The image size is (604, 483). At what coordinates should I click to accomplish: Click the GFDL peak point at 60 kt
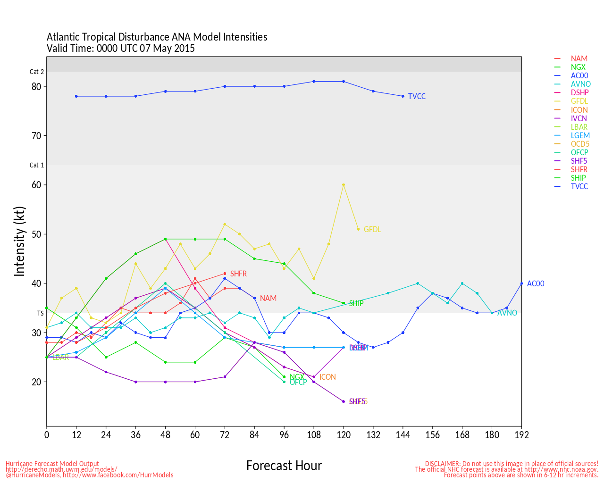pyautogui.click(x=344, y=185)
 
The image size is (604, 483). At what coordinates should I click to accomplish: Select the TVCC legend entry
pyautogui.click(x=579, y=186)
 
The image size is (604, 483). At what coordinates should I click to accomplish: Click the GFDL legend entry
pyautogui.click(x=579, y=101)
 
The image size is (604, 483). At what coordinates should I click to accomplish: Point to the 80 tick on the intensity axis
pyautogui.click(x=36, y=86)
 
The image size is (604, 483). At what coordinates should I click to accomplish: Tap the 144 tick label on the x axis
pyautogui.click(x=403, y=435)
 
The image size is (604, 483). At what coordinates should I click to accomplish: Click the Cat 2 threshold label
pyautogui.click(x=37, y=72)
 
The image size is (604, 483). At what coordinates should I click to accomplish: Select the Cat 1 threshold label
pyautogui.click(x=37, y=165)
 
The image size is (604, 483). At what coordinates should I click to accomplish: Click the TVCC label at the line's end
pyautogui.click(x=417, y=96)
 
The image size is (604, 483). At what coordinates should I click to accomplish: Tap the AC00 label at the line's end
pyautogui.click(x=536, y=283)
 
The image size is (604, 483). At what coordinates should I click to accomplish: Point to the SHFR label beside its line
pyautogui.click(x=238, y=274)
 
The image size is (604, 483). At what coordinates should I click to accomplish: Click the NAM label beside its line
pyautogui.click(x=268, y=298)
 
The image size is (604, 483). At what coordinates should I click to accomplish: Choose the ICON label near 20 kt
pyautogui.click(x=327, y=377)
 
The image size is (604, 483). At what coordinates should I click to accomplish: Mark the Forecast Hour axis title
pyautogui.click(x=284, y=466)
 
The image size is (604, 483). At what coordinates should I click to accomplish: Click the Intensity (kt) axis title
pyautogui.click(x=19, y=241)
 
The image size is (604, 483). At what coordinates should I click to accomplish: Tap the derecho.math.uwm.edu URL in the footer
pyautogui.click(x=61, y=469)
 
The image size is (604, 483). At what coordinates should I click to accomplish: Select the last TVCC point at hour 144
pyautogui.click(x=403, y=96)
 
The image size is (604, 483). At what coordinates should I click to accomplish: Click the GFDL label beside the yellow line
pyautogui.click(x=372, y=229)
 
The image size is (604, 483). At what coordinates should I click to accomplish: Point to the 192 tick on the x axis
pyautogui.click(x=521, y=435)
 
